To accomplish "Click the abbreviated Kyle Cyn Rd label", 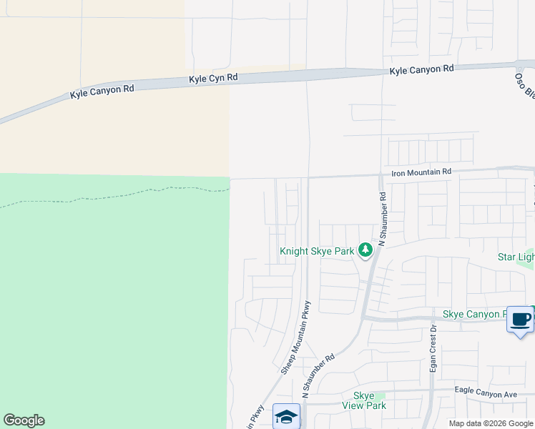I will tap(212, 79).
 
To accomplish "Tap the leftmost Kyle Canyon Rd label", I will tap(102, 92).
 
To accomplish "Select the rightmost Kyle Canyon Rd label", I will tap(421, 69).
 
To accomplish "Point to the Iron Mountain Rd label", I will tap(421, 172).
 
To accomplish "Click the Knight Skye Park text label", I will tap(317, 252).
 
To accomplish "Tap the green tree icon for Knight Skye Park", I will tap(365, 250).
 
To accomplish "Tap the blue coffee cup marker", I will tap(520, 319).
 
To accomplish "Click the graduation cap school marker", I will tap(286, 417).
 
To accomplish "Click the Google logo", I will tap(24, 420).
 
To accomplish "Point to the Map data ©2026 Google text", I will tap(491, 423).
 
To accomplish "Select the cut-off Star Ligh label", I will tap(516, 257).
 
